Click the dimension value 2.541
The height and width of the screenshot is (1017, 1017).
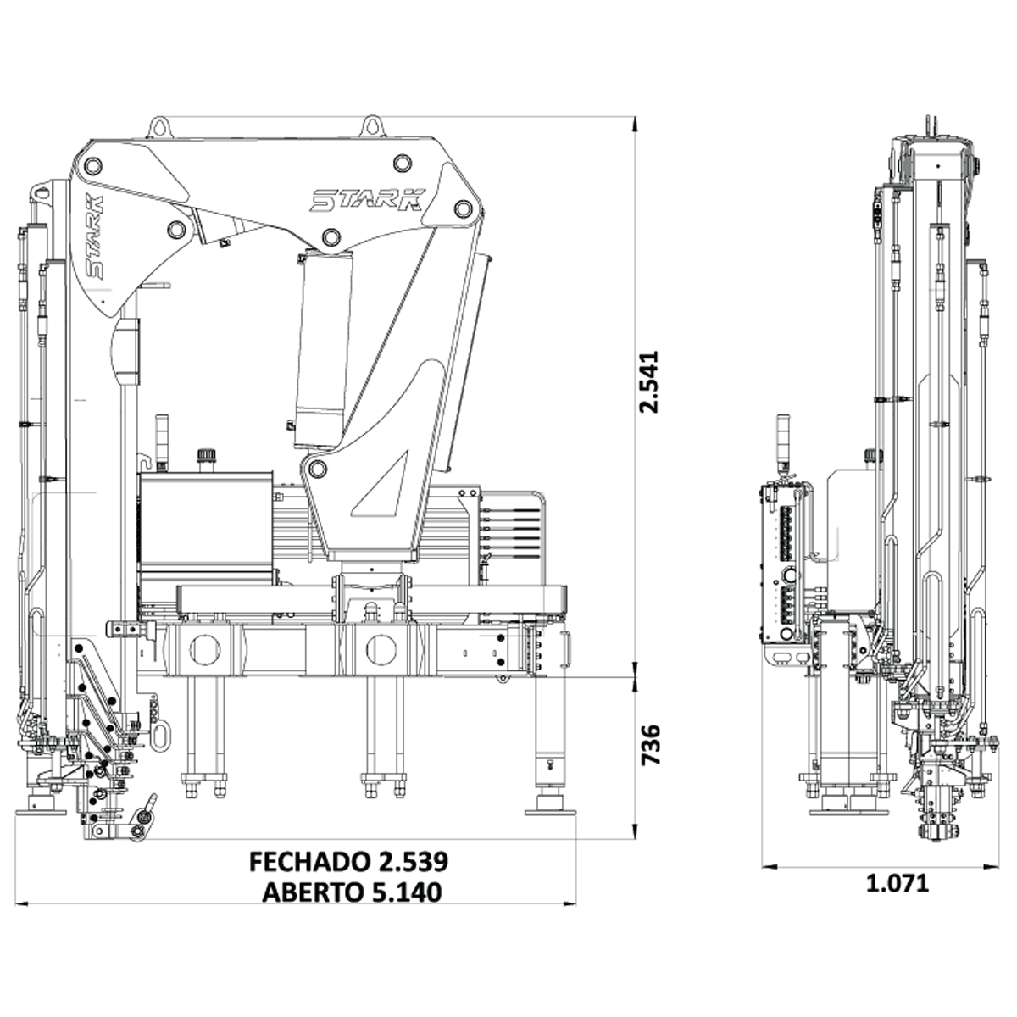(x=649, y=381)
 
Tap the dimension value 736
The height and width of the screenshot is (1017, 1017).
(x=650, y=745)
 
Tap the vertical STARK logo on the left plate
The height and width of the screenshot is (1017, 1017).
(x=95, y=236)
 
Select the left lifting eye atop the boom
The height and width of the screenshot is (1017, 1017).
(x=160, y=127)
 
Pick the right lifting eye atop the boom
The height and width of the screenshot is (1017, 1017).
(x=373, y=126)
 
